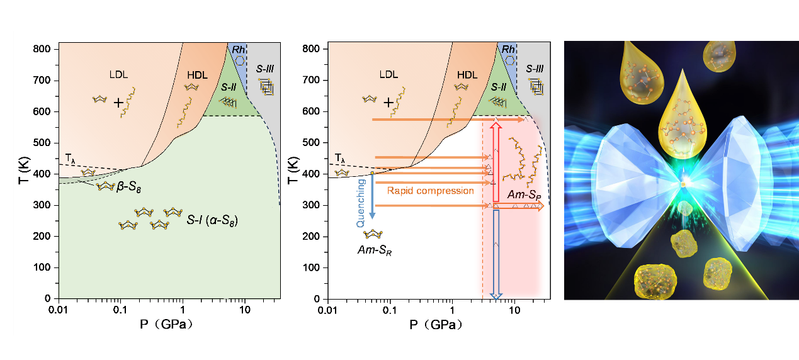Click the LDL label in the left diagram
118,74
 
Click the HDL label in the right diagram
467,74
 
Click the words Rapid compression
430,190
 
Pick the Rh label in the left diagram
237,49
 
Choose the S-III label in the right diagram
536,68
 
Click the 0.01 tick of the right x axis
327,310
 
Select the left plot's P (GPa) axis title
159,325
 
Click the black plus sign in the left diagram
118,103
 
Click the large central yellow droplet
683,126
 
